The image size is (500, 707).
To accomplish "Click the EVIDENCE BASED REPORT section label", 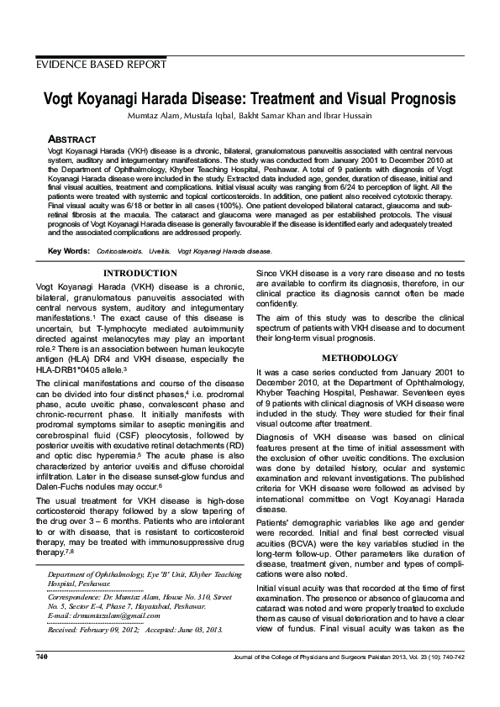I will (x=101, y=65).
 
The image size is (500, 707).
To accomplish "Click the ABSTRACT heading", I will (x=71, y=139).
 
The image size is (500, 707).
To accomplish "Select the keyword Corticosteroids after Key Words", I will (x=118, y=251).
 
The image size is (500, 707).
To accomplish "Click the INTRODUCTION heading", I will (x=139, y=274).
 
